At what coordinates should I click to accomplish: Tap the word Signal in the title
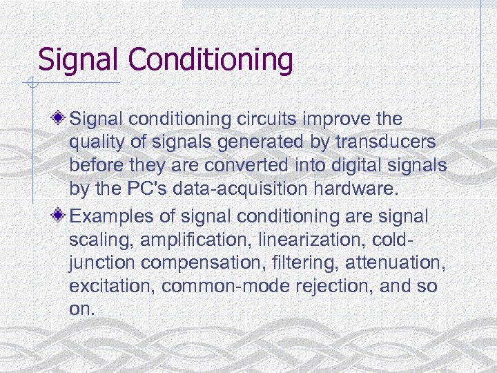79,59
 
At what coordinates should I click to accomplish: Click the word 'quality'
95,144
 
